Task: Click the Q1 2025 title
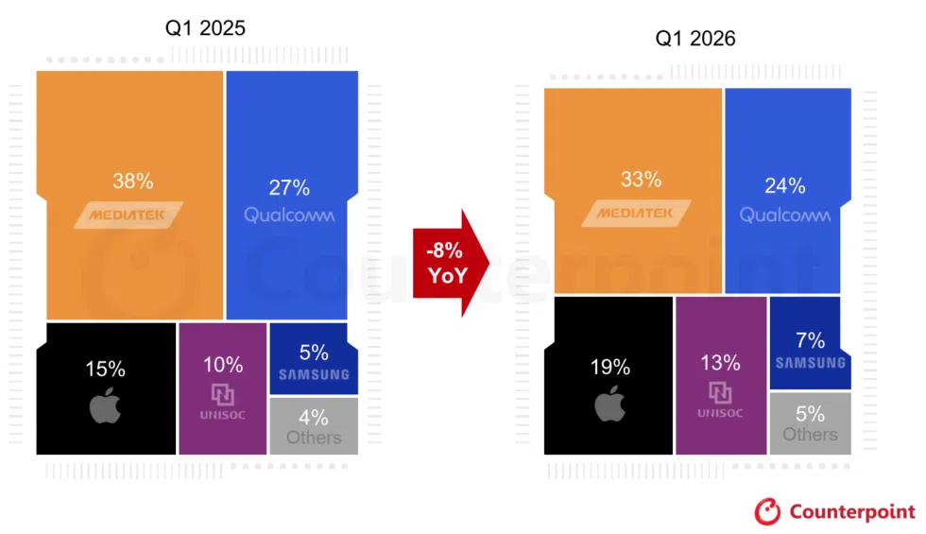(205, 28)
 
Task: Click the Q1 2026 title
(695, 39)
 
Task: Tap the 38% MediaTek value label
(131, 181)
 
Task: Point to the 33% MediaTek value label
(641, 179)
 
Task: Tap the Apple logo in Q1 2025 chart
(106, 406)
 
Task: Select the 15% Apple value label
(105, 370)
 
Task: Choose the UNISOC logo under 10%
(222, 401)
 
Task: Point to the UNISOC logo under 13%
(720, 398)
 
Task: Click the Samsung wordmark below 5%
(314, 374)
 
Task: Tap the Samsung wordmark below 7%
(810, 363)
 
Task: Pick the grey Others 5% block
(810, 423)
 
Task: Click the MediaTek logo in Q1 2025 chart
(129, 215)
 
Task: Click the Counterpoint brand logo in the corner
(834, 511)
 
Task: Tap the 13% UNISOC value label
(721, 363)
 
